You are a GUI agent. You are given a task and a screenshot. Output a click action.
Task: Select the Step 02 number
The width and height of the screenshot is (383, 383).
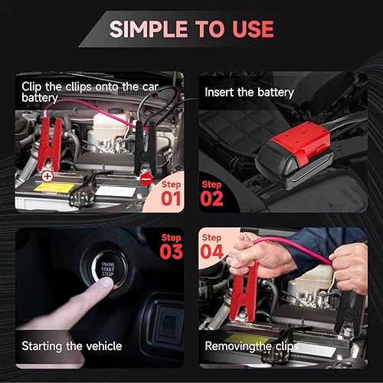point(211,198)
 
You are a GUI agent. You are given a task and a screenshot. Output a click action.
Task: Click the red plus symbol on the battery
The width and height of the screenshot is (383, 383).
point(47,176)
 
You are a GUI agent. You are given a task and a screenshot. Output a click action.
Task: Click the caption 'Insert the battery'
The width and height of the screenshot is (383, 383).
point(249,93)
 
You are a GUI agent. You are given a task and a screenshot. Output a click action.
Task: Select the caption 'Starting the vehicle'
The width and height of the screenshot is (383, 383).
point(72,346)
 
